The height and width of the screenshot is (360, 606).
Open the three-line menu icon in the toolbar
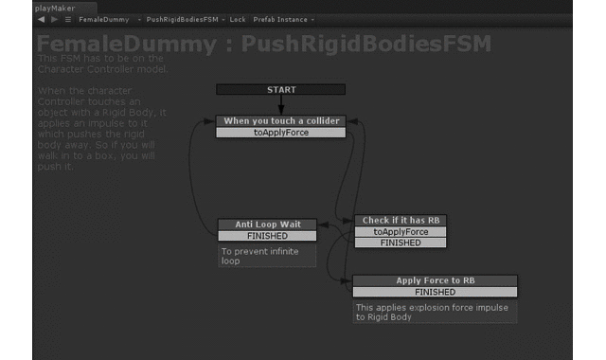(68, 19)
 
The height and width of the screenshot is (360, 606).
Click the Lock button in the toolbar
(237, 19)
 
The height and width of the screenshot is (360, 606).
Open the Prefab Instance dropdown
(284, 19)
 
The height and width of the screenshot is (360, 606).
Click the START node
(280, 90)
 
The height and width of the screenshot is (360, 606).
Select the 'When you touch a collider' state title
(280, 121)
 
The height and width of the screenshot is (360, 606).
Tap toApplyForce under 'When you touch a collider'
(280, 133)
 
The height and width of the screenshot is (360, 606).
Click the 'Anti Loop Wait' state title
(267, 225)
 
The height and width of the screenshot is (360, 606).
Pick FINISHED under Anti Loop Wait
(267, 236)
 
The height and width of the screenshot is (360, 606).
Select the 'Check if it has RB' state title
(401, 221)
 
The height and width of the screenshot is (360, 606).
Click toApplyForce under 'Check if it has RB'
(401, 232)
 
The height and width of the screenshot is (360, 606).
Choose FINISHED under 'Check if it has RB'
(401, 243)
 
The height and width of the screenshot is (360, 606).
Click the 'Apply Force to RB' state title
(435, 280)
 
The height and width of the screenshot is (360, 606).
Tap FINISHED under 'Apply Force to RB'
(435, 292)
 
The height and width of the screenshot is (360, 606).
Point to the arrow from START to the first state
(280, 105)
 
